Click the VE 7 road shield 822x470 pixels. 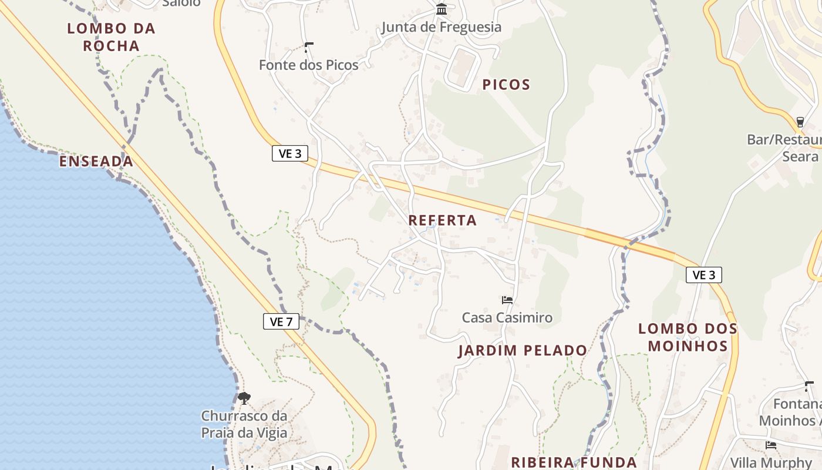281,321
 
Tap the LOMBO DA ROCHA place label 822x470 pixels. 111,37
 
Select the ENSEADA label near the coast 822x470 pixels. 96,162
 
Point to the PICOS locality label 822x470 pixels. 506,85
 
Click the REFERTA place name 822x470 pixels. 443,220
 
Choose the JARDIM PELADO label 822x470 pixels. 523,351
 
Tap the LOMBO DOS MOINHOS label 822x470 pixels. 688,337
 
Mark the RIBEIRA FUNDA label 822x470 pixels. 574,462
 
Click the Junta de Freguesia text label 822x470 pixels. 442,27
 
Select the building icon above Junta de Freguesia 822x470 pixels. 442,9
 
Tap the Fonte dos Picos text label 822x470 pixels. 309,65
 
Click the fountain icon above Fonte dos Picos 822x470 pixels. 309,48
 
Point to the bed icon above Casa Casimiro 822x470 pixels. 507,300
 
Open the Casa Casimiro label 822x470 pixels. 507,318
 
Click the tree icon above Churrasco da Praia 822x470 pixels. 244,398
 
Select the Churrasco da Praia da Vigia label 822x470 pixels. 244,424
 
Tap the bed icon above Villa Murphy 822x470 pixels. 771,445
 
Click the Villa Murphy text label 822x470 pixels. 771,462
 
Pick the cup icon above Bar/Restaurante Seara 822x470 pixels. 800,122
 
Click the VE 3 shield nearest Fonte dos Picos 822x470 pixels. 290,153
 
